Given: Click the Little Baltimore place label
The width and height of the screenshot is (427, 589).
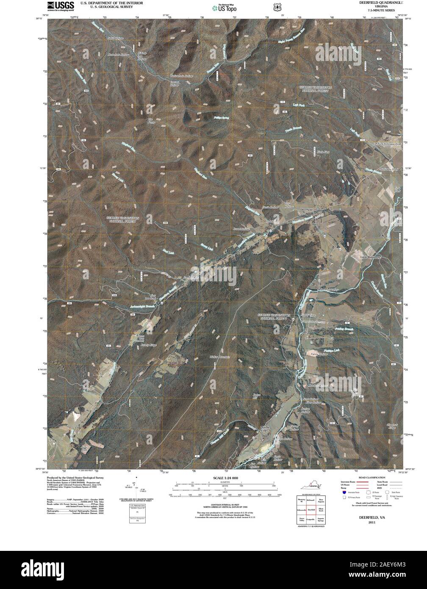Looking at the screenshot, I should (x=371, y=257).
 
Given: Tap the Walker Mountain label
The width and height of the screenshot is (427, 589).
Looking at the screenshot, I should (x=219, y=357).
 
